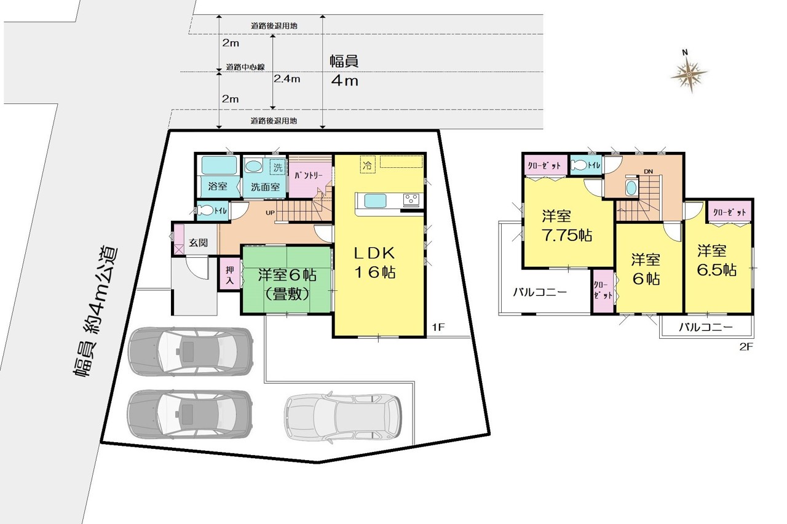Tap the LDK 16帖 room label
(374, 263)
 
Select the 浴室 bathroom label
(218, 186)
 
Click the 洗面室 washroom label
(265, 186)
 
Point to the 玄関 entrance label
(198, 242)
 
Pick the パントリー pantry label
(308, 175)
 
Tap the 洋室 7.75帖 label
(566, 226)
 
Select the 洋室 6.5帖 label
(717, 260)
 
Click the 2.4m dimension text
(287, 79)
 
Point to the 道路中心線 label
(245, 67)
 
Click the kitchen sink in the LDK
(375, 201)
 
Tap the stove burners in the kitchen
(411, 200)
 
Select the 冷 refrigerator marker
(367, 165)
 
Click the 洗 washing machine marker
(277, 167)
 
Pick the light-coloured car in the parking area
(343, 417)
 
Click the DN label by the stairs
(648, 172)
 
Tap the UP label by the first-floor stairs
(270, 213)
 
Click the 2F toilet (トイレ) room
(585, 165)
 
